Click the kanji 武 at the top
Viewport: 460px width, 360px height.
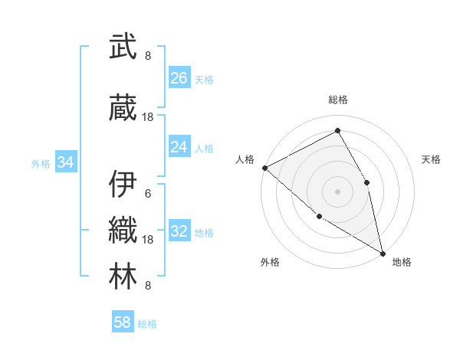point(123,47)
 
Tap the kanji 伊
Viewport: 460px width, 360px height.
point(123,184)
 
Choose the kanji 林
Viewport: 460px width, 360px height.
point(123,276)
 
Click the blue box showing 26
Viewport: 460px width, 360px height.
point(179,77)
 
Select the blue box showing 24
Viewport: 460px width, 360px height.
point(179,147)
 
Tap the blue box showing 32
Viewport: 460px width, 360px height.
point(179,232)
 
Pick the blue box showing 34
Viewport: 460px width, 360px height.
point(65,162)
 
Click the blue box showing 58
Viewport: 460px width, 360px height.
point(123,322)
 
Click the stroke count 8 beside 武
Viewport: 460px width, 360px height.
point(148,56)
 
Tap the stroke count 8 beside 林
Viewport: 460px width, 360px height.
point(148,286)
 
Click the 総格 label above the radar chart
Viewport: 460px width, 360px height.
point(337,100)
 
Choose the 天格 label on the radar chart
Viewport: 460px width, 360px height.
point(431,159)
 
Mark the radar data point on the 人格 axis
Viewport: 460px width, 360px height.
point(264,167)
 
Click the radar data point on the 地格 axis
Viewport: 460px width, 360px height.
point(383,252)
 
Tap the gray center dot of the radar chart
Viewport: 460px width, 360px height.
point(337,191)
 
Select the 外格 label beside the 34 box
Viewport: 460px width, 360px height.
point(41,163)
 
